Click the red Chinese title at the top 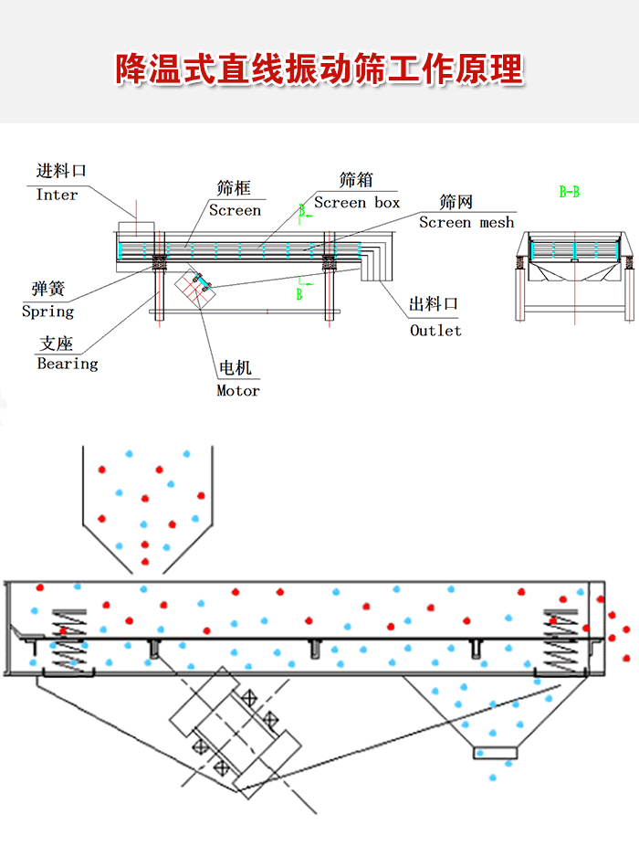pos(319,69)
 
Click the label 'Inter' pos(58,195)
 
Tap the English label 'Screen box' pos(357,203)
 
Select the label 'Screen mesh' pos(466,222)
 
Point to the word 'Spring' pos(47,312)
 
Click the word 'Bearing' pos(68,364)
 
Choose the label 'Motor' pos(238,391)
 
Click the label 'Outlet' pos(435,331)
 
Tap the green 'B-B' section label pos(570,192)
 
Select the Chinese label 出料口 pos(434,305)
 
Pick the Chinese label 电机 pos(236,368)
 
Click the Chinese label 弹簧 pos(48,290)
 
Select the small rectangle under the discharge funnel pos(495,752)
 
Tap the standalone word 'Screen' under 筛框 pos(235,210)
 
